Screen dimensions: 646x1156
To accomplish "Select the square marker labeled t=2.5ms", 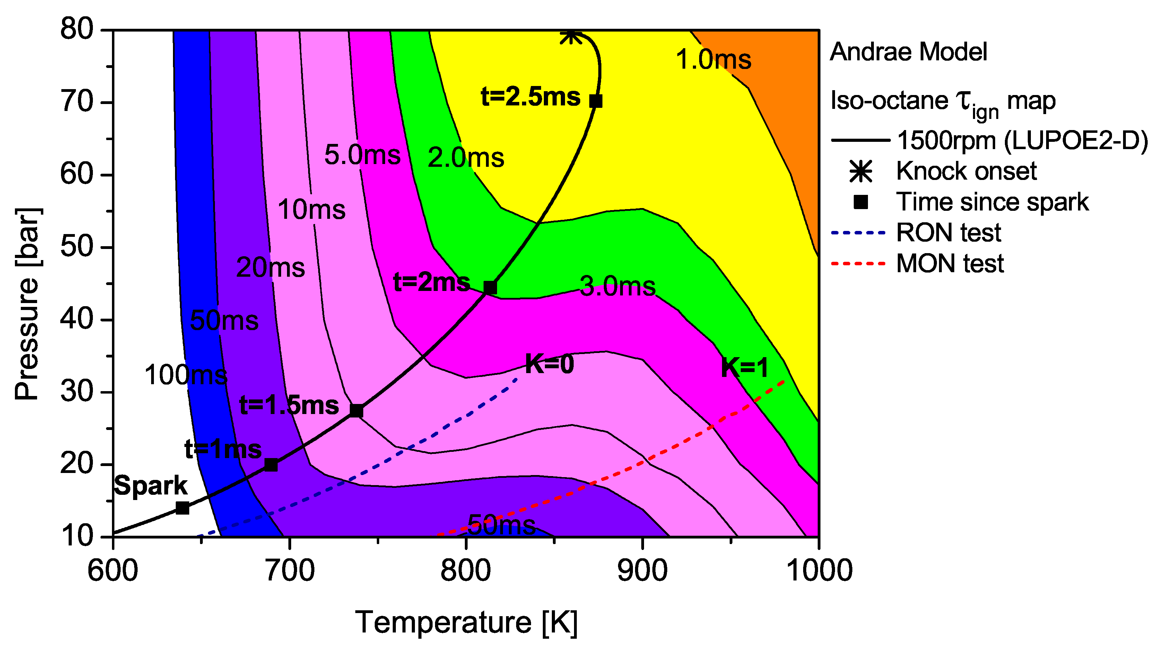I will [596, 101].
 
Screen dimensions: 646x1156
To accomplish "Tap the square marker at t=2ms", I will [490, 287].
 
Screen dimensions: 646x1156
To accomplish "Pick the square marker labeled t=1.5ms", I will [356, 411].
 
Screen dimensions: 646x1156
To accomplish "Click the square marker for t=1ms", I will [271, 465].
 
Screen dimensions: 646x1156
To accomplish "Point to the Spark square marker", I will [182, 508].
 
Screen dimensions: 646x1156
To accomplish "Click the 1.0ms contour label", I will [713, 59].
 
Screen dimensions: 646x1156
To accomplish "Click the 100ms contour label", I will [186, 375].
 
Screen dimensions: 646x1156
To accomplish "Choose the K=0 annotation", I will [549, 364].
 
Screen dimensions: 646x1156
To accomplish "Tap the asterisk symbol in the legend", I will [861, 171].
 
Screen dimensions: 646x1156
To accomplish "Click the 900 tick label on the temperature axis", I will [642, 570].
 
